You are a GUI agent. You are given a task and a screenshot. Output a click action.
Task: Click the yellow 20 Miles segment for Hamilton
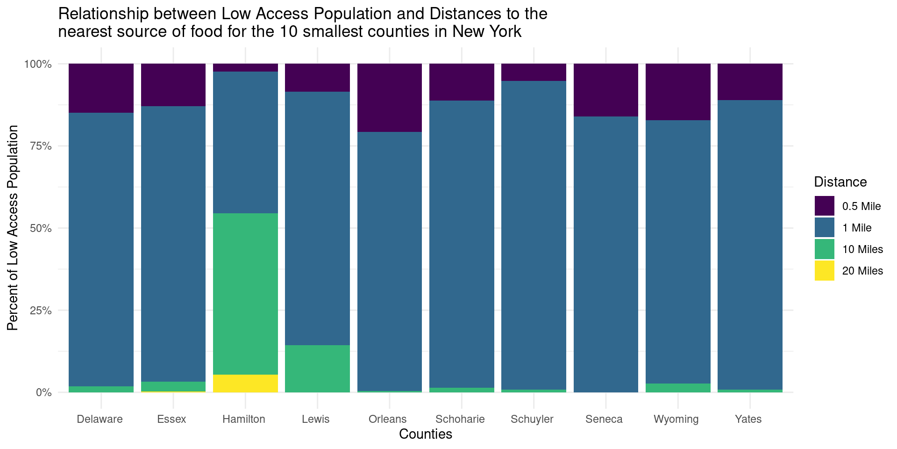tap(245, 384)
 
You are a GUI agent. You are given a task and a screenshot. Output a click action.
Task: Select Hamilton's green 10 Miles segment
tap(245, 294)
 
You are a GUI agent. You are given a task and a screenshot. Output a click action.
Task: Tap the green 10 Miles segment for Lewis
tap(317, 369)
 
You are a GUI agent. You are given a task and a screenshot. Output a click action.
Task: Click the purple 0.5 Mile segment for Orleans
tap(390, 98)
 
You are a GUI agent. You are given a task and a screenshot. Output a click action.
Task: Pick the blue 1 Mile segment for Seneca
tap(606, 254)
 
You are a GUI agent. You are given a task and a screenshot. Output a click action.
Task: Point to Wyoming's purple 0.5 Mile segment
tap(678, 92)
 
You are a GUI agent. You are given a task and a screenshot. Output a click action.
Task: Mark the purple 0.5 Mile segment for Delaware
tap(101, 88)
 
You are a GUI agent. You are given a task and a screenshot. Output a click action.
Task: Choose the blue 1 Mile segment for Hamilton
tap(245, 142)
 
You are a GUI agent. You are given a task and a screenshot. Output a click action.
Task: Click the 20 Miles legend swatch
tap(824, 271)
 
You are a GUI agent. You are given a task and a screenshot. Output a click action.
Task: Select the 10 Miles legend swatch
tap(824, 249)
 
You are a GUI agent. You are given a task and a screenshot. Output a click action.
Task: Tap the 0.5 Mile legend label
tap(861, 206)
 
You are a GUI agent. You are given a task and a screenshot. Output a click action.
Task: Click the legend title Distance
tap(840, 182)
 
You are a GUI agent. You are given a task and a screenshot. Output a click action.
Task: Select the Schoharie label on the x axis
tap(460, 419)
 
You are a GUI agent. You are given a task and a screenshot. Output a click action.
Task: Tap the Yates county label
tap(748, 419)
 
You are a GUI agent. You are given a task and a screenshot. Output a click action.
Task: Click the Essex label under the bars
tap(171, 419)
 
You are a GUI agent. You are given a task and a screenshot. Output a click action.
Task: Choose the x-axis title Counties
tap(426, 435)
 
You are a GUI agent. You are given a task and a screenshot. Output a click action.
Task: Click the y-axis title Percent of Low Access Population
tap(13, 228)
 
